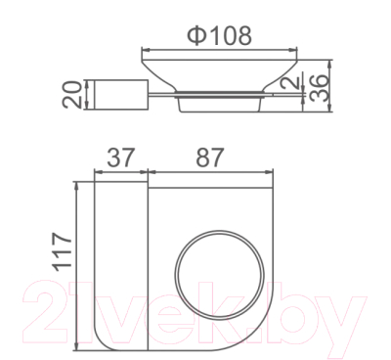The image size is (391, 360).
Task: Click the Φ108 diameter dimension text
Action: [219, 35]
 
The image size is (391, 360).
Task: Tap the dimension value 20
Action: [71, 95]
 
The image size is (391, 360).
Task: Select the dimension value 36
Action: [319, 88]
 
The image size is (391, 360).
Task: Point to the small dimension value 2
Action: [290, 80]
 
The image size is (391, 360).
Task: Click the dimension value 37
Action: [120, 157]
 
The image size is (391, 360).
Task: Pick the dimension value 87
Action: [210, 157]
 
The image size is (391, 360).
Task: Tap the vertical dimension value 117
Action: [62, 251]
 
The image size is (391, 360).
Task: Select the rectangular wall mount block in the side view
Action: [121, 94]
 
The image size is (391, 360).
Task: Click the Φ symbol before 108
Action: [197, 35]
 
